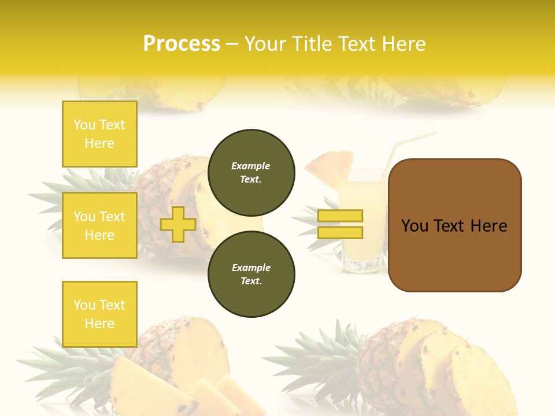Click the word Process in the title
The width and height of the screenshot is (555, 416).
(x=182, y=44)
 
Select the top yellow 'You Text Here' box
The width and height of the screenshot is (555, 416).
(x=99, y=134)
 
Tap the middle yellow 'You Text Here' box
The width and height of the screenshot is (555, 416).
(x=99, y=225)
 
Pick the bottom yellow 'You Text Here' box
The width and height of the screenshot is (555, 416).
(x=99, y=314)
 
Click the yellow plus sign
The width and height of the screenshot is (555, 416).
(x=177, y=224)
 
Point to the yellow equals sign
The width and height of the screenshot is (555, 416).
(x=340, y=224)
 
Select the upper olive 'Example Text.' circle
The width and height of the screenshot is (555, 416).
(x=251, y=173)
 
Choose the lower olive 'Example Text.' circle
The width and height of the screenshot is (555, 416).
(x=251, y=274)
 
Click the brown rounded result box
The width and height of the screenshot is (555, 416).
(x=454, y=225)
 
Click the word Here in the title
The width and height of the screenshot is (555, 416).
(x=403, y=44)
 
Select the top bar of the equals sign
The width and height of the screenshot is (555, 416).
(x=340, y=216)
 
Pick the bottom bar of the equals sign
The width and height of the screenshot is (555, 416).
(x=340, y=233)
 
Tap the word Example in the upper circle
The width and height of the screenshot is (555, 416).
(x=250, y=166)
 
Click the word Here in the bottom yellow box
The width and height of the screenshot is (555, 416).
(x=99, y=324)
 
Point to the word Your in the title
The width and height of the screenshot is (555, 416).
(x=266, y=44)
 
